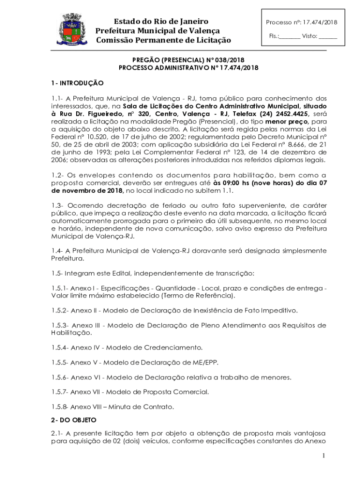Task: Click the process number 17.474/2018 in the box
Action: pyautogui.click(x=320, y=22)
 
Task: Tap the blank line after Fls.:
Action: pyautogui.click(x=290, y=36)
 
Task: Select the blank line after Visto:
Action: pyautogui.click(x=328, y=36)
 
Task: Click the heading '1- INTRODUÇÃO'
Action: pyautogui.click(x=77, y=83)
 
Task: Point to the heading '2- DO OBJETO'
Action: pyautogui.click(x=74, y=420)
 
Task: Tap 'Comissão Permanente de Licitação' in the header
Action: pyautogui.click(x=163, y=41)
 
